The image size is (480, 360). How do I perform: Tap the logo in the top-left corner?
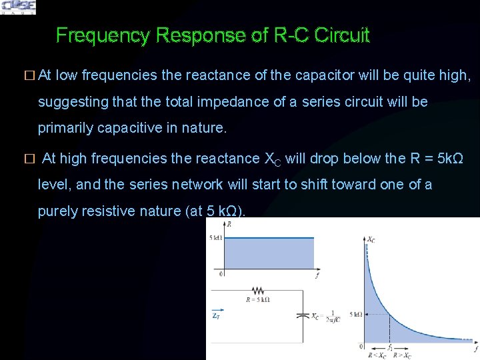(x=19, y=7)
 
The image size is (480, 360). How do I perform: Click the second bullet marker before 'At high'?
(x=28, y=159)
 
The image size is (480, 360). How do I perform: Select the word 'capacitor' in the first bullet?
(x=323, y=76)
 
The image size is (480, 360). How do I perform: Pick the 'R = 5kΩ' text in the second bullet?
(x=435, y=159)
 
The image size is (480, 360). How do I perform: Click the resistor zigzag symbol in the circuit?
(x=257, y=291)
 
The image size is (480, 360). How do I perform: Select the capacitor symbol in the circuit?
(x=303, y=316)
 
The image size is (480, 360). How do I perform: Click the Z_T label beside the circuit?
(x=216, y=317)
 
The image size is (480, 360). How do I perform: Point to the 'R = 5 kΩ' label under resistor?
(x=257, y=300)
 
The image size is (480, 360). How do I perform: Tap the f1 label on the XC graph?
(x=391, y=347)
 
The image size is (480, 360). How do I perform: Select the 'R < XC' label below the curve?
(x=377, y=355)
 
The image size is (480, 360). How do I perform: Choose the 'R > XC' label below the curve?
(x=402, y=355)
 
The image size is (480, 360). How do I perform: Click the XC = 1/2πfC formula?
(x=327, y=316)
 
